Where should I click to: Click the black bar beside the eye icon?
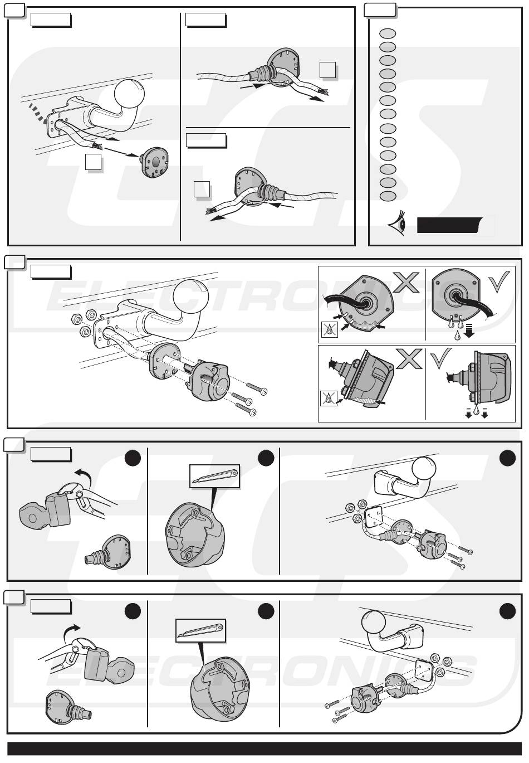(x=449, y=225)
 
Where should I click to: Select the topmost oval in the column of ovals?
(x=388, y=33)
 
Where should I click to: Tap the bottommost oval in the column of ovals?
(x=388, y=196)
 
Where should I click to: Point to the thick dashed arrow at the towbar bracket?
(x=37, y=113)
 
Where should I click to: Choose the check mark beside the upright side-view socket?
(x=441, y=358)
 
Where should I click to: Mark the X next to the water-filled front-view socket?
(x=406, y=281)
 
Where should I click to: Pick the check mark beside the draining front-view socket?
(x=499, y=281)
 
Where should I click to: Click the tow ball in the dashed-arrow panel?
(x=130, y=93)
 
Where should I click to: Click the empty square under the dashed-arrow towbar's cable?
(x=93, y=162)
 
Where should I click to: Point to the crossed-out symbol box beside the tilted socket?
(x=329, y=398)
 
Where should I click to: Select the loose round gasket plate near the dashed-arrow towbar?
(x=154, y=163)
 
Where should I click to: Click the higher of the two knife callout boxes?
(x=214, y=477)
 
